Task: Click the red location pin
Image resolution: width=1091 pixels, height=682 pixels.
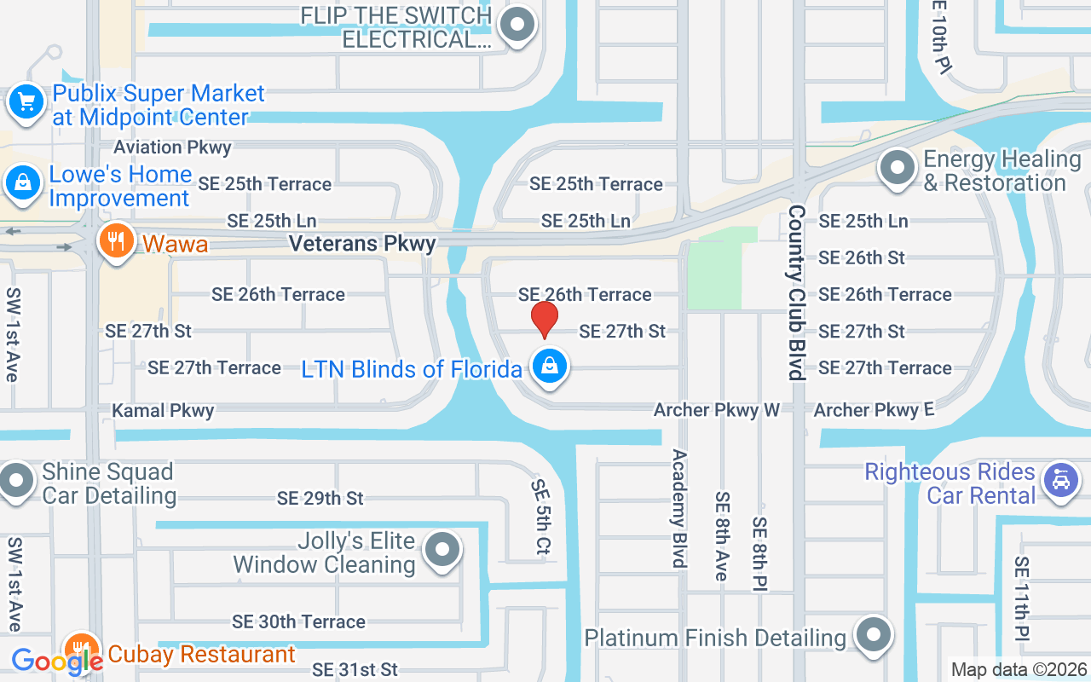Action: coord(544,319)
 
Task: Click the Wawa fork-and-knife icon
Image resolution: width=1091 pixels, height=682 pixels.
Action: coord(117,241)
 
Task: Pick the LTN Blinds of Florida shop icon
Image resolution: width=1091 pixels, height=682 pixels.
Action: coord(550,367)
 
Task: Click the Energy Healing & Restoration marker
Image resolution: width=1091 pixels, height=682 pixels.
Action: coord(897,168)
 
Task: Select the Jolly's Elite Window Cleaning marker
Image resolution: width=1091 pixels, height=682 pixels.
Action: coord(442,550)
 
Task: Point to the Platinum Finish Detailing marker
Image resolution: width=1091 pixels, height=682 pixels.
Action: coord(873,635)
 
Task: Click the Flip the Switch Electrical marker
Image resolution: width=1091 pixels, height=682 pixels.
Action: coord(516,25)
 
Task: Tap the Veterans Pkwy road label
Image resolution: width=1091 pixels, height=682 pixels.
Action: coord(362,244)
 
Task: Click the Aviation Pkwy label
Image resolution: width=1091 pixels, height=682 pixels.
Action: coord(172,147)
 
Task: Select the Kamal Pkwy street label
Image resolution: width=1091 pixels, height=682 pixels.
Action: coord(163,411)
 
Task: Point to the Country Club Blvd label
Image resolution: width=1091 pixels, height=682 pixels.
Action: coord(797,292)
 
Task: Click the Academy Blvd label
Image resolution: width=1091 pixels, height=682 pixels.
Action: coord(679,508)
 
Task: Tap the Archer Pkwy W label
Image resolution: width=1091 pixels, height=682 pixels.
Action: coord(716,410)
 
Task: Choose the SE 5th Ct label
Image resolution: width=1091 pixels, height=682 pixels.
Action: coord(540,517)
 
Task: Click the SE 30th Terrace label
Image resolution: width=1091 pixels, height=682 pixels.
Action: coord(298,622)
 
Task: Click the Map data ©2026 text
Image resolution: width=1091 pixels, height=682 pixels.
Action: coord(1019,670)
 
